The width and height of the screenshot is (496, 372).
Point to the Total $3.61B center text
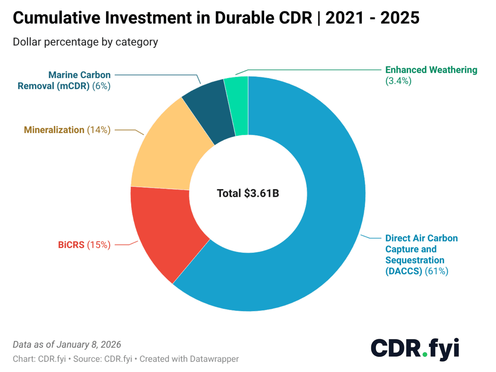pyautogui.click(x=248, y=193)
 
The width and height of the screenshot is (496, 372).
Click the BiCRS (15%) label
pyautogui.click(x=84, y=245)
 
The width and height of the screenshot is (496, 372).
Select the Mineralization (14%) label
pyautogui.click(x=67, y=130)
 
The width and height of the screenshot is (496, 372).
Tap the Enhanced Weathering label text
pyautogui.click(x=431, y=70)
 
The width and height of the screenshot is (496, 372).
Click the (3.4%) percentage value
pyautogui.click(x=398, y=81)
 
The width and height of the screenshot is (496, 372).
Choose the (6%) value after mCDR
pyautogui.click(x=101, y=86)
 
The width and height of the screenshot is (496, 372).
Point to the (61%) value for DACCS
pyautogui.click(x=436, y=271)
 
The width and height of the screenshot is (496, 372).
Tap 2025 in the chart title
pyautogui.click(x=400, y=18)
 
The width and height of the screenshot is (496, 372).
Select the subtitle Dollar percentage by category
pyautogui.click(x=85, y=42)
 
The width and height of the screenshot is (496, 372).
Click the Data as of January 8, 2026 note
pyautogui.click(x=67, y=344)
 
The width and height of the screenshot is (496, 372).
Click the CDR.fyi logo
pyautogui.click(x=415, y=349)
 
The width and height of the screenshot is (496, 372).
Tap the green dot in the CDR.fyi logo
pyautogui.click(x=425, y=354)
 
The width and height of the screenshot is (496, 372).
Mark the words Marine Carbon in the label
pyautogui.click(x=79, y=75)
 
